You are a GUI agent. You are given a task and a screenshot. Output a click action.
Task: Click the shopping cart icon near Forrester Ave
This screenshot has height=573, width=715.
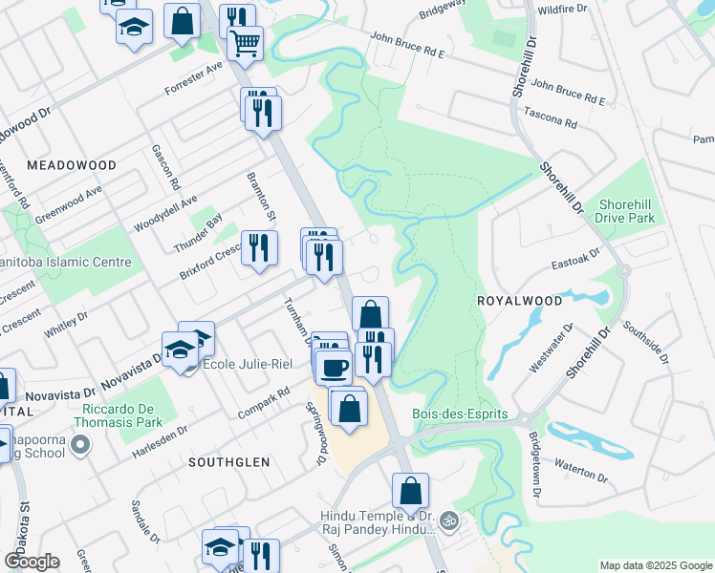pos(246,43)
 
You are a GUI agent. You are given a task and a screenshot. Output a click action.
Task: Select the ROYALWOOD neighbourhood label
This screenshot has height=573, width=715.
pos(519,300)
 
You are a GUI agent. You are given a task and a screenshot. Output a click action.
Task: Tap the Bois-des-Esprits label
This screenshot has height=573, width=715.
pos(458,415)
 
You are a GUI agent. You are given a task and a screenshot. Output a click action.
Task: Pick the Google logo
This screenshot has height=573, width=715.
pos(32,562)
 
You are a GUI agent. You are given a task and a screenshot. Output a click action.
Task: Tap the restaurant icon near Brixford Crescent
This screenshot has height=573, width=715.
pos(259,249)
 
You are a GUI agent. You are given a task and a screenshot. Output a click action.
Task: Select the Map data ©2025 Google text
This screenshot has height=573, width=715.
pos(655,565)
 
